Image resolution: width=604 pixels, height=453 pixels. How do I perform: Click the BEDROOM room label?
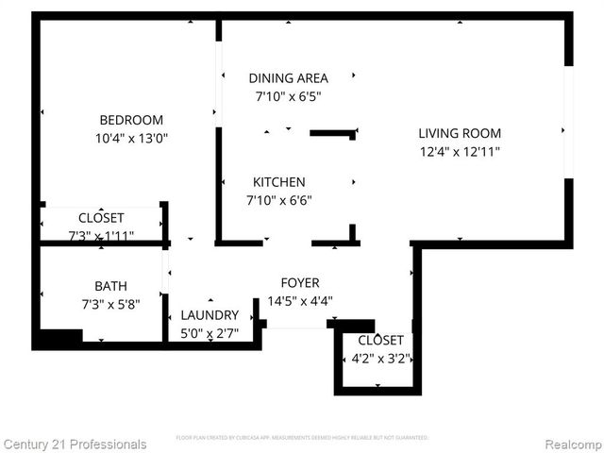point(131,120)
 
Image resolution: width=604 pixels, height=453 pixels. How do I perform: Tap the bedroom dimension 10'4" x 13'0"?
point(131,138)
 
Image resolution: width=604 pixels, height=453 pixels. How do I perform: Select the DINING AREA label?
point(288,78)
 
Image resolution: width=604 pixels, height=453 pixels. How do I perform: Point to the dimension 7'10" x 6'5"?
point(288,96)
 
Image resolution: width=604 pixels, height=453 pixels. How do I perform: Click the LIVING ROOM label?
point(460,133)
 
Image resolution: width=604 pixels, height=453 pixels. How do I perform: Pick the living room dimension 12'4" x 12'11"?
point(460,151)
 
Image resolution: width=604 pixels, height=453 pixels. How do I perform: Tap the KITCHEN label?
point(278,182)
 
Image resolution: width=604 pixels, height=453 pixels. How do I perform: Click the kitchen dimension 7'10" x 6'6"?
point(278,200)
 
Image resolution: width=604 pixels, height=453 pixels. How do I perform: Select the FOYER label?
point(300,283)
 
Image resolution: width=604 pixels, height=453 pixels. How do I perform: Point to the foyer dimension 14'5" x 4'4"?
point(300,301)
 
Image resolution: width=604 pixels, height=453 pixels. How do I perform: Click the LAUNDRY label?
point(210,315)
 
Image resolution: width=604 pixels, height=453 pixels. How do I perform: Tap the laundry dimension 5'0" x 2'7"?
point(210,333)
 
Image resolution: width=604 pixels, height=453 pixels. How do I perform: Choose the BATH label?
point(110,286)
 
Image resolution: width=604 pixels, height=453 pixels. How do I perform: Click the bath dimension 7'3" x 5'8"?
point(110,304)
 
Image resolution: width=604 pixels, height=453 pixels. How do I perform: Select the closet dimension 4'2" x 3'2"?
point(380,358)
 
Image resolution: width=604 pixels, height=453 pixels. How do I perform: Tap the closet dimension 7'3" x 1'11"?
point(101,235)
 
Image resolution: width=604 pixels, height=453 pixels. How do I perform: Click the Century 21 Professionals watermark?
point(75,444)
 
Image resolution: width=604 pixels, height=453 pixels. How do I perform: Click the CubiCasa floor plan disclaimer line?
point(302,438)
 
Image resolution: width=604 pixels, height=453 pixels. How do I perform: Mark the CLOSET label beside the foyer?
point(380,340)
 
